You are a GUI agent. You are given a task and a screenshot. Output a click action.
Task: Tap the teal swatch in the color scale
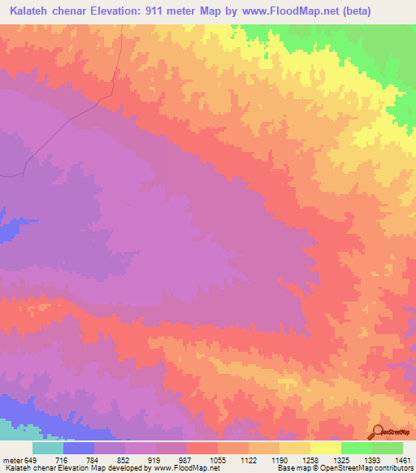pos(47,447)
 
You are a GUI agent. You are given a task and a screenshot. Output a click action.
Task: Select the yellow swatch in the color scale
pos(326,447)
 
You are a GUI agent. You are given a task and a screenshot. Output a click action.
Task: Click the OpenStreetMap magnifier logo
pos(377,432)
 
